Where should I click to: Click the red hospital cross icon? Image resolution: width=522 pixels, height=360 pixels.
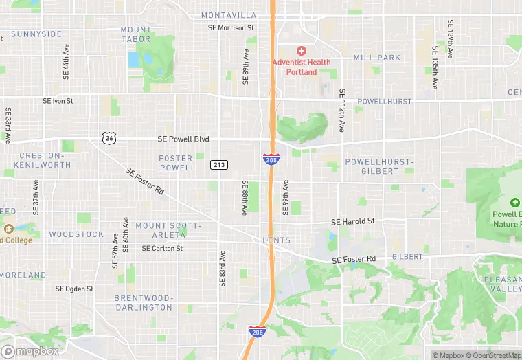(x=301, y=51)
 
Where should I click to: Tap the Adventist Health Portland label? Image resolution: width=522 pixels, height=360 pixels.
(x=301, y=67)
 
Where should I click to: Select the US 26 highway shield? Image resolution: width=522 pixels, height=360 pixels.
(x=110, y=138)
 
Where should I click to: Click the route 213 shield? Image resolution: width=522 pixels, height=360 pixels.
(x=219, y=164)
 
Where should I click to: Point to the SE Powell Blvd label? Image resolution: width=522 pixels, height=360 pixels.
(x=183, y=139)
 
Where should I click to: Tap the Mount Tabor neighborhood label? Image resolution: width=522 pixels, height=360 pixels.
(x=136, y=34)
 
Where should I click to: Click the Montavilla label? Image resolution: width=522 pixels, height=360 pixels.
(x=229, y=15)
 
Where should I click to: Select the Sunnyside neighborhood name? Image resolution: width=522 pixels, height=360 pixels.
(x=36, y=34)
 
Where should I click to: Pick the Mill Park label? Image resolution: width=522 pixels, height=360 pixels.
(x=376, y=58)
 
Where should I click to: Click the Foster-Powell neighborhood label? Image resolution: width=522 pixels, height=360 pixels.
(x=177, y=162)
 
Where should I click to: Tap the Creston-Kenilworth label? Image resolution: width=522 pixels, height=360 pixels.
(x=45, y=160)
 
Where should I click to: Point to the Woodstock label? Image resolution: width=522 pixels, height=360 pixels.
(x=76, y=234)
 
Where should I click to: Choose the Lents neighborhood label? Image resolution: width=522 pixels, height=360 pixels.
(x=276, y=240)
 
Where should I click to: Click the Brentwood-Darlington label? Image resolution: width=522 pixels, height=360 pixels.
(x=143, y=302)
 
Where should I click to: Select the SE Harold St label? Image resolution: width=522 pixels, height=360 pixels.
(x=353, y=221)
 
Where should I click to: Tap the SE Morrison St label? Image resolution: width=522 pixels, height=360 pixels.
(x=231, y=28)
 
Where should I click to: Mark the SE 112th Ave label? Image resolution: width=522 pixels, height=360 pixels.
(x=341, y=110)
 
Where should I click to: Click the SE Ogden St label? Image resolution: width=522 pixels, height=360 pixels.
(x=74, y=289)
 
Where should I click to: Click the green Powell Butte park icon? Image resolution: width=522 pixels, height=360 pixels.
(x=515, y=203)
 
